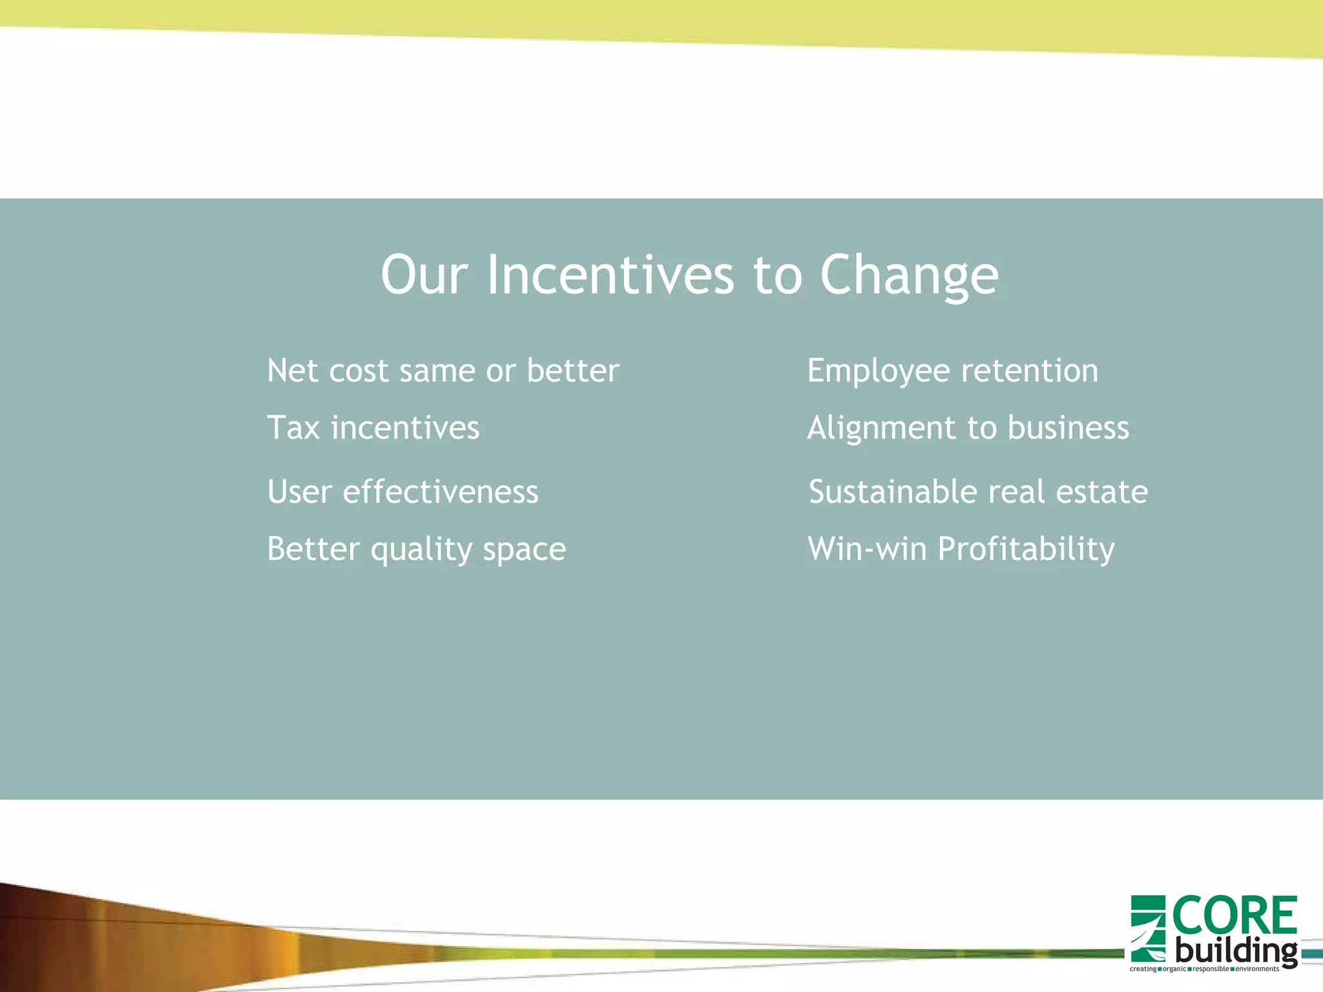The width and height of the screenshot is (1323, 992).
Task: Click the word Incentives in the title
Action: pos(610,275)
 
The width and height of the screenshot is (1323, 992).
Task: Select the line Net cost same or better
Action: pos(443,371)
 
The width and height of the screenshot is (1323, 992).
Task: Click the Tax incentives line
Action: pos(373,428)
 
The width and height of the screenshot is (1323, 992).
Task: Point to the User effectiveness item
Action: pos(402,491)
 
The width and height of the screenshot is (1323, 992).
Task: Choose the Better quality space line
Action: pos(416,549)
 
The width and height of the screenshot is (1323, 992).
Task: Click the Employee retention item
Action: pos(952,371)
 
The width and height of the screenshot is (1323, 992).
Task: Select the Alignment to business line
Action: pos(968,428)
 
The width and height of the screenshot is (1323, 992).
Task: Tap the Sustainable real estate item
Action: pos(978,491)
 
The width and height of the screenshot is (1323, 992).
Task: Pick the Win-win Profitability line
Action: pos(961,549)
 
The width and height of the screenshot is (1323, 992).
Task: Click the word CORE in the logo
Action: pos(1234,915)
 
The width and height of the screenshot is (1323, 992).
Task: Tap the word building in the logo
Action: pos(1235,951)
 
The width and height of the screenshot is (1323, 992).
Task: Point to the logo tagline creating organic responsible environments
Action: pos(1204,969)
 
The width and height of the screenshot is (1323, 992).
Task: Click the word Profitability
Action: pos(1025,549)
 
